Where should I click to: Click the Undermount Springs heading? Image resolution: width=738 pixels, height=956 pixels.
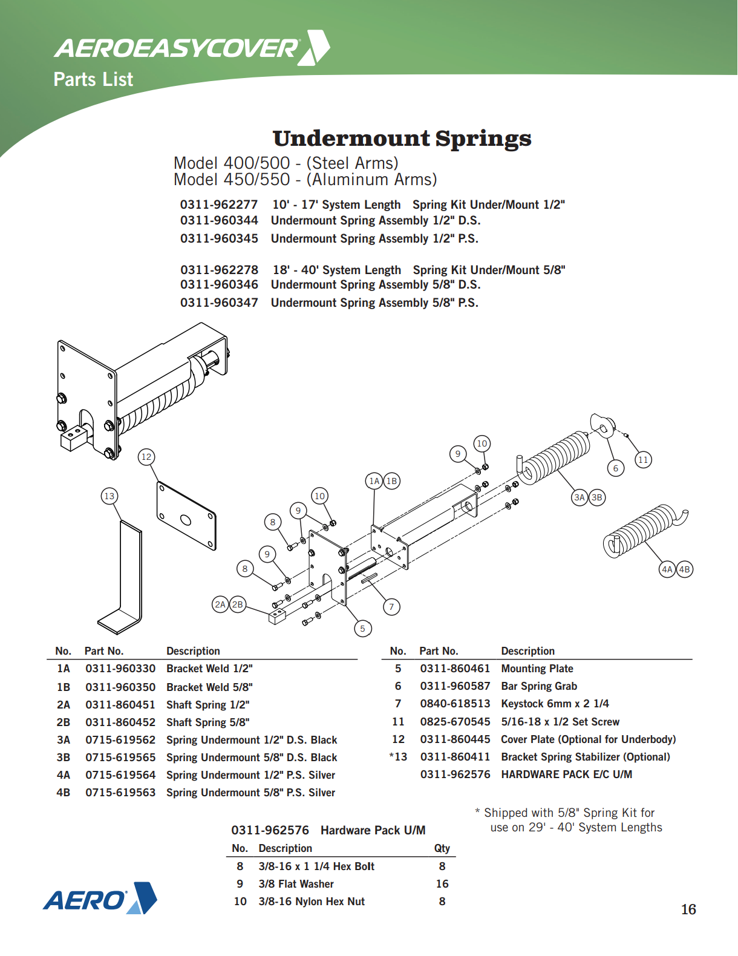(402, 139)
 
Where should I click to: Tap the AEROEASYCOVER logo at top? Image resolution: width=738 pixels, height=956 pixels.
(191, 48)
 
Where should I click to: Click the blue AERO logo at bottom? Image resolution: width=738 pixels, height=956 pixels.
(100, 899)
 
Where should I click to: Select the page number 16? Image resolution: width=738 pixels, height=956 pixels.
(688, 909)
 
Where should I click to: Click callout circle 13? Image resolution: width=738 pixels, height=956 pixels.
(109, 496)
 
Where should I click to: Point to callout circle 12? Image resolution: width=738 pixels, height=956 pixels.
(146, 457)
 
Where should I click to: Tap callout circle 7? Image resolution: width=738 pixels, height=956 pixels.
(391, 606)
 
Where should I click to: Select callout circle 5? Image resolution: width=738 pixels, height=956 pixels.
(362, 629)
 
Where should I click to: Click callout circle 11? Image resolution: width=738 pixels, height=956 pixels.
(643, 460)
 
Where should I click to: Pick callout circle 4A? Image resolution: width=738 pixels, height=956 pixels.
(667, 569)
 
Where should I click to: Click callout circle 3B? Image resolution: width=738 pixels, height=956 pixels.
(597, 497)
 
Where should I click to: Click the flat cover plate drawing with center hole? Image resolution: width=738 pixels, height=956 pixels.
(186, 516)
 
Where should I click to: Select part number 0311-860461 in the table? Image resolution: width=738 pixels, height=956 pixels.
(455, 669)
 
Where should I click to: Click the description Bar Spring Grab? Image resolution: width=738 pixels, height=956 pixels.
(539, 686)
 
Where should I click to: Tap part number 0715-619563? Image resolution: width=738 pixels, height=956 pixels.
(120, 793)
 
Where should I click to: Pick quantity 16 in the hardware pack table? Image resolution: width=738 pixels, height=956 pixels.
(442, 884)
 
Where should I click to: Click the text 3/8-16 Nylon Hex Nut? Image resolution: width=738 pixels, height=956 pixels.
(312, 902)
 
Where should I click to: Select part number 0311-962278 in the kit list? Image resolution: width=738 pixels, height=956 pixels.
(219, 270)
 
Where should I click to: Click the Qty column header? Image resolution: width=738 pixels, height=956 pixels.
(442, 848)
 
